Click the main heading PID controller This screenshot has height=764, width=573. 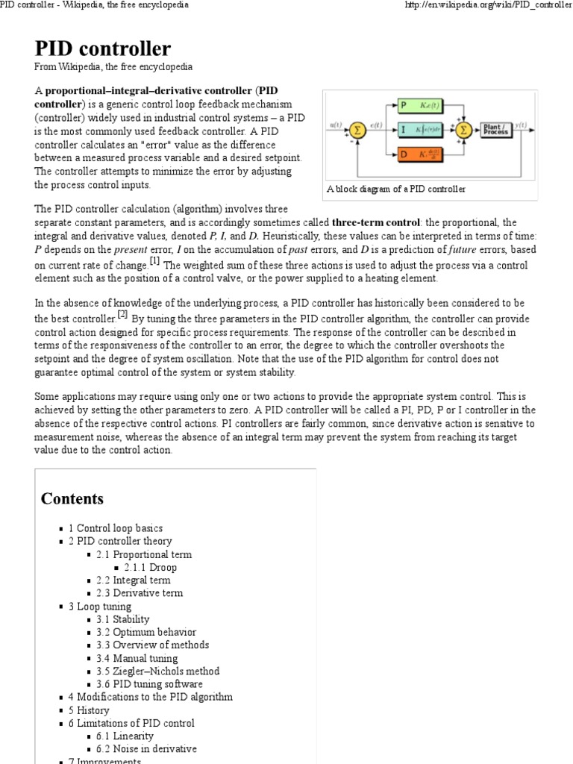tap(102, 48)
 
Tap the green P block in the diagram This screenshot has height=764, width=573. tap(420, 105)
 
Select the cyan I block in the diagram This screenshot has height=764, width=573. tap(420, 130)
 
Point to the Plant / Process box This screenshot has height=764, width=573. tap(495, 130)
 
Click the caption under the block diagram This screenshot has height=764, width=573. tap(395, 189)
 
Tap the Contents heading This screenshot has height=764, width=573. tap(72, 498)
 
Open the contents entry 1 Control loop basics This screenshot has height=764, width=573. tap(119, 528)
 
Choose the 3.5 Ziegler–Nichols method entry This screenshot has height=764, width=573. tap(157, 671)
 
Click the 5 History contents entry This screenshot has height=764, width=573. tap(93, 710)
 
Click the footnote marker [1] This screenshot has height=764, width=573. tap(154, 261)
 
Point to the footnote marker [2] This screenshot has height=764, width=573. tap(123, 314)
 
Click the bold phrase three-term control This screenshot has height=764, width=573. tap(376, 223)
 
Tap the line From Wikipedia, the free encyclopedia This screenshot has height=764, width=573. tap(113, 67)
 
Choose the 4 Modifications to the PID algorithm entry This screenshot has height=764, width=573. tap(154, 697)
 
